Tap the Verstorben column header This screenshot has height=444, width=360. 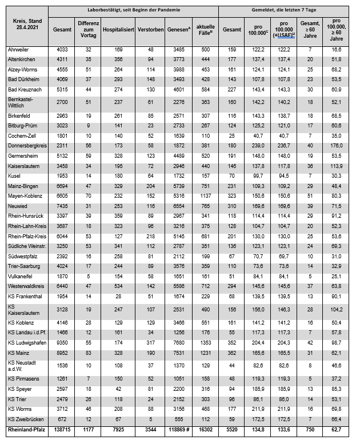click(150, 28)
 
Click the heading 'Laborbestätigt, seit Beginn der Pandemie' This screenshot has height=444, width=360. click(133, 10)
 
